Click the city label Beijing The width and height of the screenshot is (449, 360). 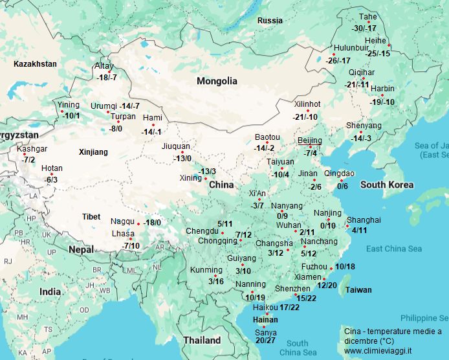[309, 141]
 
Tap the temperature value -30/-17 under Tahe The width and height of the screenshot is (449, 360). [364, 28]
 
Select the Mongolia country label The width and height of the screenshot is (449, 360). [217, 82]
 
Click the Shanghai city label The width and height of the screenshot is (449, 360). [363, 220]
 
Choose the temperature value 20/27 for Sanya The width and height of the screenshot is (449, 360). [266, 341]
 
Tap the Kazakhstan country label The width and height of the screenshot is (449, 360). [35, 64]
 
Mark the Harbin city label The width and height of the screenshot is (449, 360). [382, 89]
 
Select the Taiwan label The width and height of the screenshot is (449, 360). [358, 290]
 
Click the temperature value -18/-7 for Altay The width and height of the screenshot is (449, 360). [106, 78]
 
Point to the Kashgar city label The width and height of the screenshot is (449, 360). [32, 149]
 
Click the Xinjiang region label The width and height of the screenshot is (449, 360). [93, 153]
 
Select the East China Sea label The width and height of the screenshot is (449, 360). [393, 249]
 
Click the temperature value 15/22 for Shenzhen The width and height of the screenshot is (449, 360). [305, 298]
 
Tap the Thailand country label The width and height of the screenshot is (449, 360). [201, 340]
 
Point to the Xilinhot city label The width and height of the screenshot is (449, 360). [307, 104]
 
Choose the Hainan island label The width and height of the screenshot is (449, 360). [265, 319]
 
